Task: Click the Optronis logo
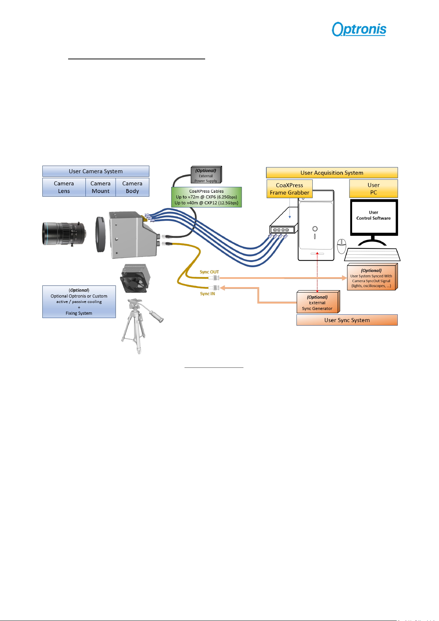(x=359, y=29)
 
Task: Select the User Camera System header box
(x=96, y=171)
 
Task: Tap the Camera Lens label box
(x=64, y=187)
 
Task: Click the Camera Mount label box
(x=101, y=187)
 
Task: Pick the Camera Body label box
(x=132, y=187)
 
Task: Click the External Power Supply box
(x=206, y=175)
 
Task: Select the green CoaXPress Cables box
(x=206, y=197)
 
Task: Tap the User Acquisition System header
(x=332, y=173)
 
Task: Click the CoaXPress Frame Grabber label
(x=289, y=189)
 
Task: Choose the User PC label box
(x=373, y=189)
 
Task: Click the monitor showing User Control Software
(x=374, y=222)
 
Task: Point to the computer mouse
(x=341, y=246)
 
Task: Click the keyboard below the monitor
(x=372, y=255)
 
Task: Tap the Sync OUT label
(x=209, y=272)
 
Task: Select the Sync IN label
(x=207, y=294)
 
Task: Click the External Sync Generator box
(x=318, y=302)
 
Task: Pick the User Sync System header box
(x=347, y=320)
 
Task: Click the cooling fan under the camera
(x=135, y=278)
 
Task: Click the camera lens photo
(x=64, y=234)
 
